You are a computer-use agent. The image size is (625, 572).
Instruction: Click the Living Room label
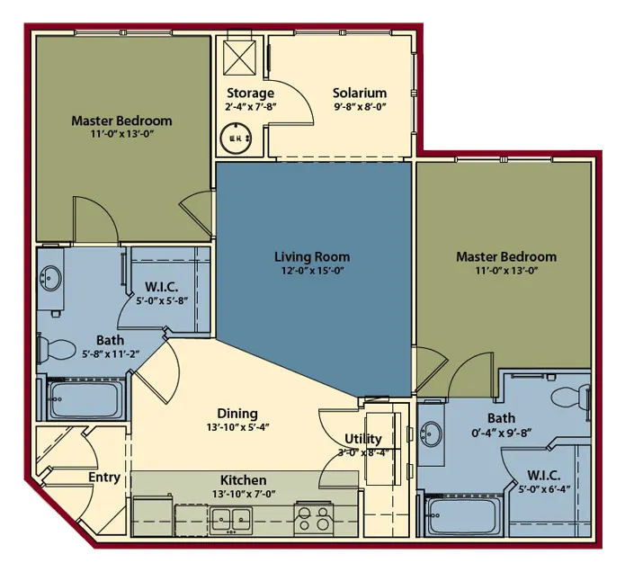pos(312,256)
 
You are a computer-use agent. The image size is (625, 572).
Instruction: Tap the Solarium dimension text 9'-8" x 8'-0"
pos(360,107)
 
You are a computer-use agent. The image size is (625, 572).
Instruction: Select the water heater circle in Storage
pos(237,138)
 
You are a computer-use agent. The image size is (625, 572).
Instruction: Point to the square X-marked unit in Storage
pos(239,58)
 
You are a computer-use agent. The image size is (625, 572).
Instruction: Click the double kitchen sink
pos(231,519)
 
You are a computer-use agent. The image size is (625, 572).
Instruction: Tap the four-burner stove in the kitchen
pos(313,519)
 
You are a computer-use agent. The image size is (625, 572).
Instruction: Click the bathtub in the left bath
pos(85,399)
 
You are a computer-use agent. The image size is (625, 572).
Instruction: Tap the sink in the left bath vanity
pos(50,278)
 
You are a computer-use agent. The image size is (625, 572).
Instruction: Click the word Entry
pos(104,478)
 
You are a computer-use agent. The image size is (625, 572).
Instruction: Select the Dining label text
pos(237,414)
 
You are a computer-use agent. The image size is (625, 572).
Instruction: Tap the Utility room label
pos(362,439)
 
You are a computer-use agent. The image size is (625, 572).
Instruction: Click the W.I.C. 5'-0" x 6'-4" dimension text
pos(544,488)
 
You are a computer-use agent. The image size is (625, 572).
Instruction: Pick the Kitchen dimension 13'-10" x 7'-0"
pos(244,495)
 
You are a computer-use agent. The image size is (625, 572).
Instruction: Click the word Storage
pos(250,94)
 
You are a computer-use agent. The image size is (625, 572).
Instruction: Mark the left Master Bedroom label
pos(121,121)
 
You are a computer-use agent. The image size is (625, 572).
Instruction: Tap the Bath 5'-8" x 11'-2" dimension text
pos(111,353)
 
